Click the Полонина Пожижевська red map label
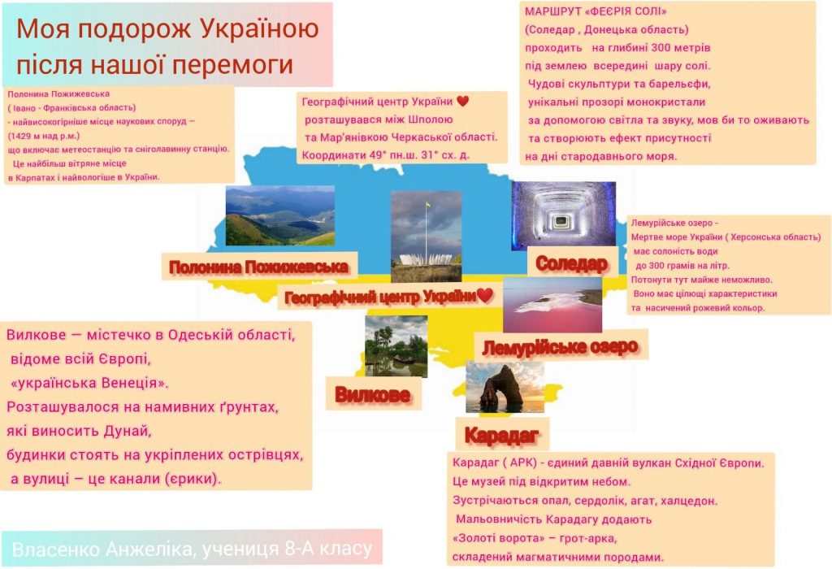(258, 267)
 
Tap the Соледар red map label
(571, 263)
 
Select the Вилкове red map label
(372, 394)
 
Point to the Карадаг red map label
(501, 435)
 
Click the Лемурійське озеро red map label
(560, 347)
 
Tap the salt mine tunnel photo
(564, 215)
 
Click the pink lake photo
(552, 305)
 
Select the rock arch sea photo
(505, 387)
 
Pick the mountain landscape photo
(280, 215)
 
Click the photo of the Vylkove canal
(396, 346)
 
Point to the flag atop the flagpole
(427, 204)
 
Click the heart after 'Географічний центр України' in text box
(462, 101)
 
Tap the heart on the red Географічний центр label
(484, 295)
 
